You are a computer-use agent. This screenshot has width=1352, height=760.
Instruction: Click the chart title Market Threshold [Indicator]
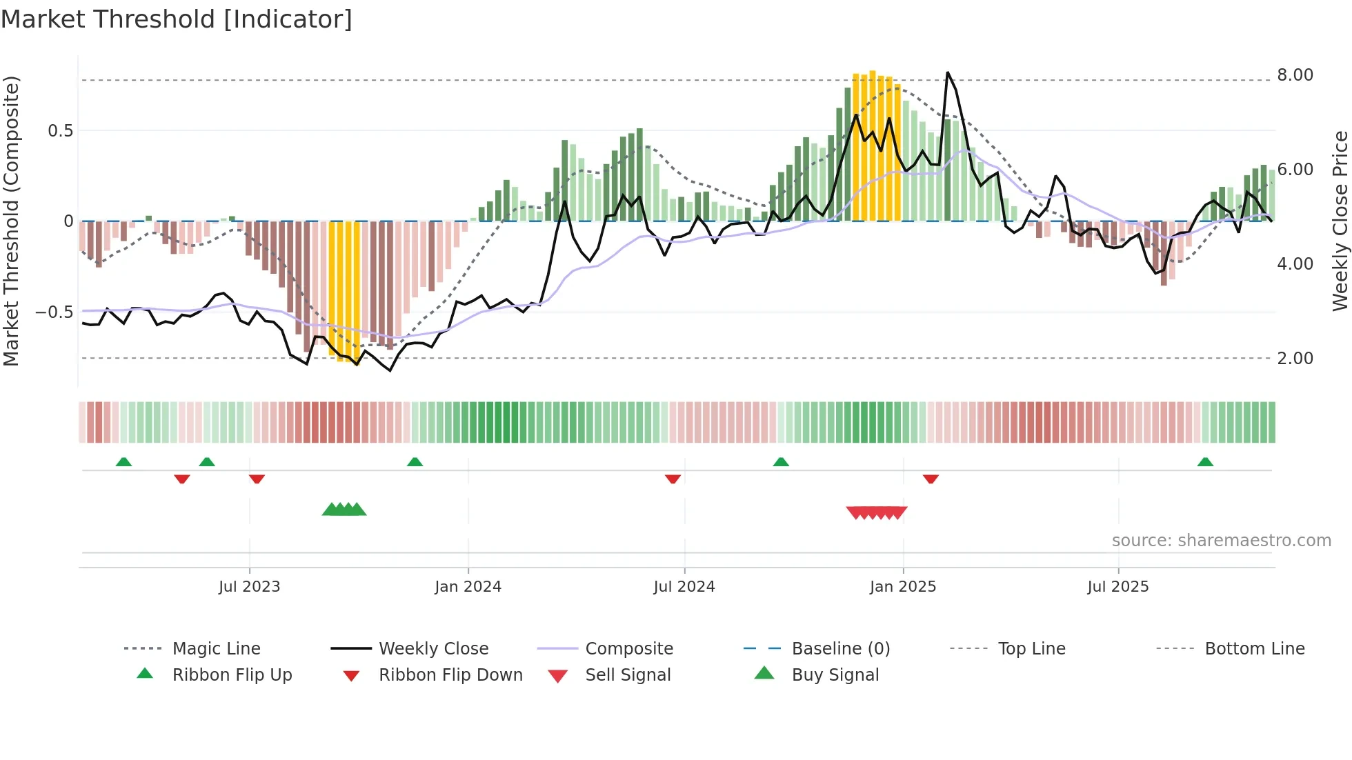(177, 19)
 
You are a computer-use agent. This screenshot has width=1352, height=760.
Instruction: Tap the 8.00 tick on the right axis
(1295, 75)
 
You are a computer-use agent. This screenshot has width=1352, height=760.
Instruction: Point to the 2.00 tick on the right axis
(1295, 359)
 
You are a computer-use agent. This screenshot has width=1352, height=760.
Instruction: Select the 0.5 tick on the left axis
(60, 131)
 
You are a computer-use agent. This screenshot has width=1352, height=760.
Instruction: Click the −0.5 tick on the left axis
(54, 312)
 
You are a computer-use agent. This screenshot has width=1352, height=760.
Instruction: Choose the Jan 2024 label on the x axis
(468, 587)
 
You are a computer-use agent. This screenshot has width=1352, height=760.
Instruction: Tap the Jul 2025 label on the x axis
(1117, 587)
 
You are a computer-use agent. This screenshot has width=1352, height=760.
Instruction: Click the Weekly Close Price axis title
(1340, 221)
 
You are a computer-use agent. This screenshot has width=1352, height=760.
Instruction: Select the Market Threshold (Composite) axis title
(11, 221)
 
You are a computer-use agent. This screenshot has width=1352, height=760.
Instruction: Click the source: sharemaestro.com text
(1221, 541)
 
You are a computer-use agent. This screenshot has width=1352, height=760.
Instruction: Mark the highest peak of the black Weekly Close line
(948, 72)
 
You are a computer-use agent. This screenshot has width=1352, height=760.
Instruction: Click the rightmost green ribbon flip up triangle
(1205, 462)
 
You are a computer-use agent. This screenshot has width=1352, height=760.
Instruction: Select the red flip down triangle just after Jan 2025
(931, 479)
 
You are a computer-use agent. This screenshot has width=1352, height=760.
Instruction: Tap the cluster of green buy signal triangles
(344, 510)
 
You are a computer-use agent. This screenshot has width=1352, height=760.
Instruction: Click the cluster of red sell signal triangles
(877, 512)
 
